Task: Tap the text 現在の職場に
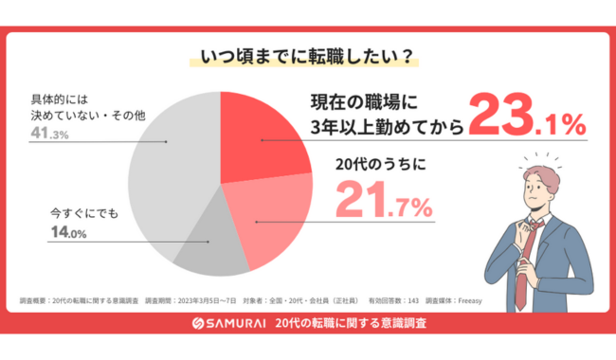(x=371, y=100)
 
